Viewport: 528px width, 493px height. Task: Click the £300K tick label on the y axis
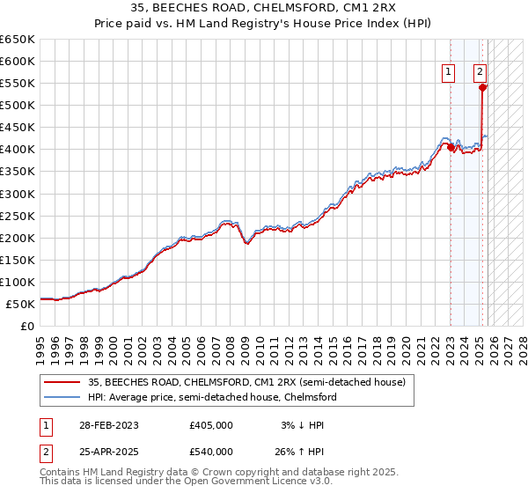point(18,194)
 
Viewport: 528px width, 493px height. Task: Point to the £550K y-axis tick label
point(18,84)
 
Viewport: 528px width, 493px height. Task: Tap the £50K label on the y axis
point(20,304)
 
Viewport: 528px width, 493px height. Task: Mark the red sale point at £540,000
point(483,87)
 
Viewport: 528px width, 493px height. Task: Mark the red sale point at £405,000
point(451,147)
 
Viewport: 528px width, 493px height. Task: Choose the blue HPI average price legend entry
point(212,397)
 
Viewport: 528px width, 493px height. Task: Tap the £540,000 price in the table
point(210,451)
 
